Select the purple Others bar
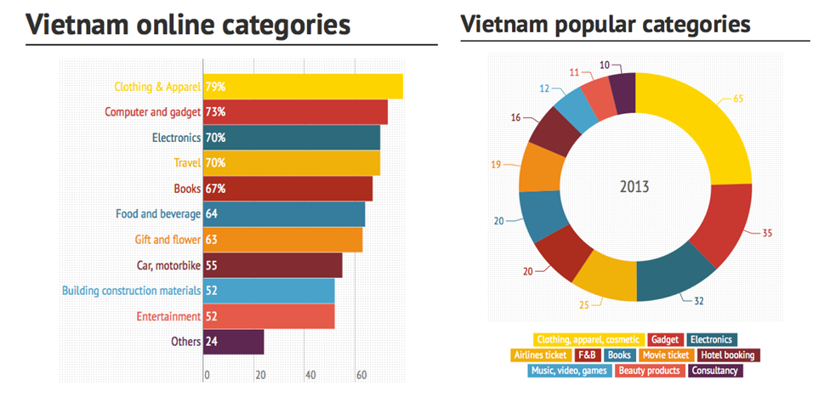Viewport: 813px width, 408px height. pos(234,342)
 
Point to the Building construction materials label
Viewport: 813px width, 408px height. pos(131,291)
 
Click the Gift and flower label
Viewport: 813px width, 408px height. pos(168,240)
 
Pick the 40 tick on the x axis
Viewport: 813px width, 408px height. pos(310,375)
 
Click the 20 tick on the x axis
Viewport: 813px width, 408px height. pos(259,375)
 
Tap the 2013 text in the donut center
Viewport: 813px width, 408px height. pos(634,186)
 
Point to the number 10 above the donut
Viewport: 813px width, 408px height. pos(604,65)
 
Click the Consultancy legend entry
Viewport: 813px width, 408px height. pos(715,371)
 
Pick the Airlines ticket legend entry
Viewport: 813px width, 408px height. pos(539,354)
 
